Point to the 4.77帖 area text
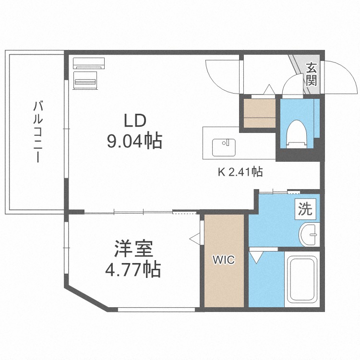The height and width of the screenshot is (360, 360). click(133, 270)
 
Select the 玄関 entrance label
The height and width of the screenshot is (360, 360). click(312, 74)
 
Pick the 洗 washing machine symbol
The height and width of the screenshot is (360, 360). click(306, 209)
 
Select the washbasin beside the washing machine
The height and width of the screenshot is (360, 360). click(309, 235)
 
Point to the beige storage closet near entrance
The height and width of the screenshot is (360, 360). click(259, 113)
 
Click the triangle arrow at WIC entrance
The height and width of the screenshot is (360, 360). click(194, 238)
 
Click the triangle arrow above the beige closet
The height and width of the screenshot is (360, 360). click(269, 89)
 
